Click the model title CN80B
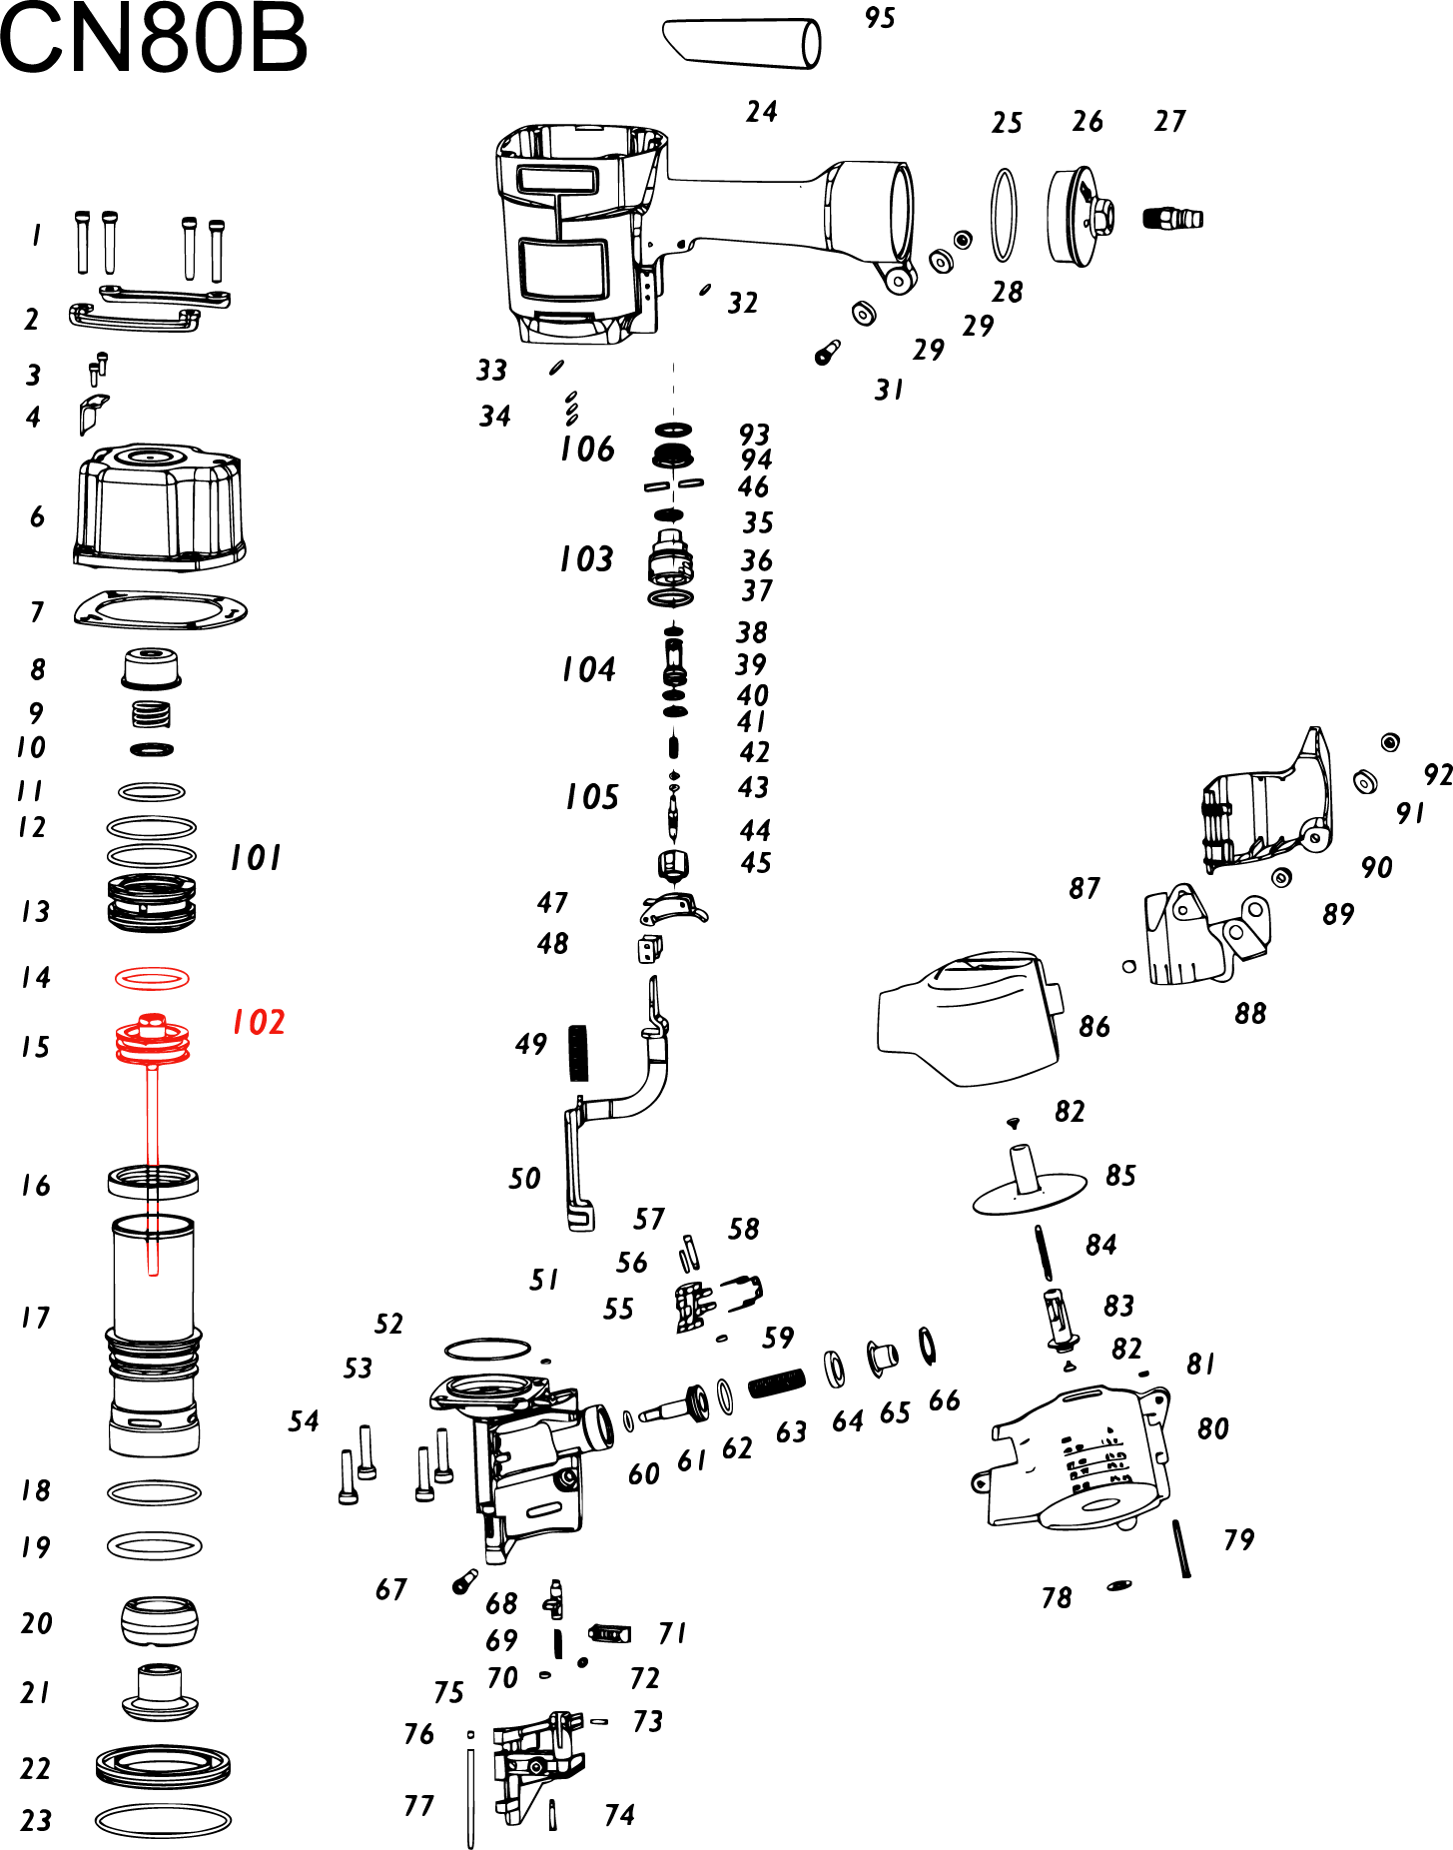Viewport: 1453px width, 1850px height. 153,40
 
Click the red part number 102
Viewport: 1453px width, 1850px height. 259,1022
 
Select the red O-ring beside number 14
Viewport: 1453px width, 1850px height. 152,978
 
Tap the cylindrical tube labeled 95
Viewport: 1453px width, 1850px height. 742,43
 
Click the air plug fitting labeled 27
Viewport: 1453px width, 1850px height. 1172,218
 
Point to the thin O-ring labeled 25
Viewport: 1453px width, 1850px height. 1005,215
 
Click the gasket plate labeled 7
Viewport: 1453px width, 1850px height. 160,609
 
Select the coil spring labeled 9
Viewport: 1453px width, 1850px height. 152,714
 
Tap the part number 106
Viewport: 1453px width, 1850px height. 587,450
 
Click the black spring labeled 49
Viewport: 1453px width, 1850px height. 578,1053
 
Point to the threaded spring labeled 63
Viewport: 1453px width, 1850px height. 776,1384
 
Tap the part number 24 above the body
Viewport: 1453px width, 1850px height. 761,111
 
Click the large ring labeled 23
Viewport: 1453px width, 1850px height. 163,1820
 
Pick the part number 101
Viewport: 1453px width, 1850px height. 256,858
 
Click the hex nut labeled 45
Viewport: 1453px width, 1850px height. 674,863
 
